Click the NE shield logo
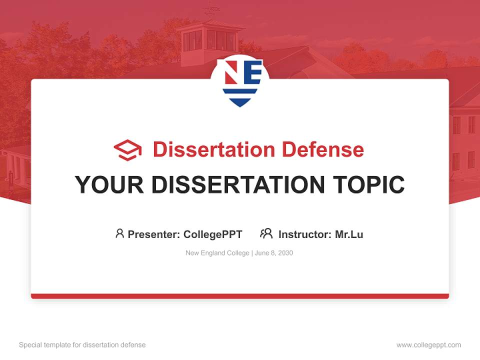(x=240, y=81)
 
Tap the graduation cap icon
(x=127, y=150)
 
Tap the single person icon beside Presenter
(x=119, y=233)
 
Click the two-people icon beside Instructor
(x=266, y=233)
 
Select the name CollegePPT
(x=213, y=234)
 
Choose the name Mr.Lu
(x=349, y=234)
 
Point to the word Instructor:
(x=305, y=234)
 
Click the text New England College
(x=217, y=253)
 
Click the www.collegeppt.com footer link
(x=428, y=345)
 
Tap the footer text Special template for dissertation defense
(x=82, y=345)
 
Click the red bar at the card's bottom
(x=240, y=296)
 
